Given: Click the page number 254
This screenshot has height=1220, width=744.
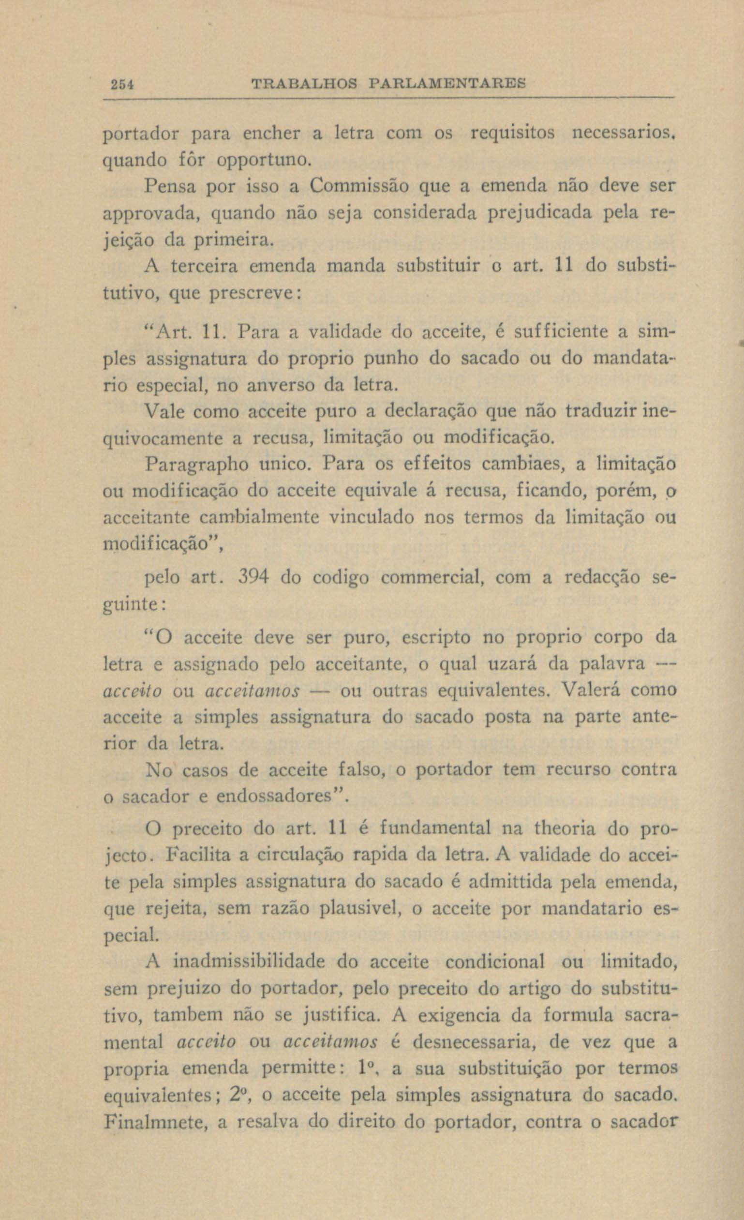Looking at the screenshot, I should tap(120, 84).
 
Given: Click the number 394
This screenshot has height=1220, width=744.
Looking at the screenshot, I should tap(253, 578).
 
